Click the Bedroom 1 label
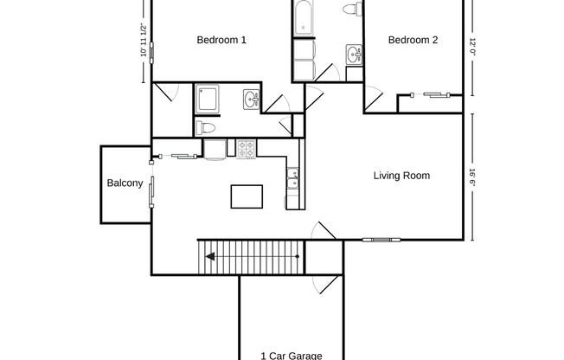(x=221, y=40)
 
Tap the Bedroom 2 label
(x=413, y=40)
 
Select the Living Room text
(x=401, y=176)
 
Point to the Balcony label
(x=125, y=183)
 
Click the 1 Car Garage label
(x=292, y=355)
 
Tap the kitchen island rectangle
(x=247, y=196)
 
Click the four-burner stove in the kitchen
(x=247, y=148)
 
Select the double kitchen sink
(x=293, y=179)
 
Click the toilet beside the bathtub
(x=351, y=10)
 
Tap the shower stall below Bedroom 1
(x=208, y=99)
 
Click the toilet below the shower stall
(x=206, y=128)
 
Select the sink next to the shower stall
(x=251, y=99)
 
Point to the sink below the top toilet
(x=353, y=55)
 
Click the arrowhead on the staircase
(x=208, y=255)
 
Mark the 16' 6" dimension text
(x=473, y=177)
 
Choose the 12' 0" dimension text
(x=473, y=46)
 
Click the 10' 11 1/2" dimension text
(x=144, y=41)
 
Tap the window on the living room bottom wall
(x=381, y=240)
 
